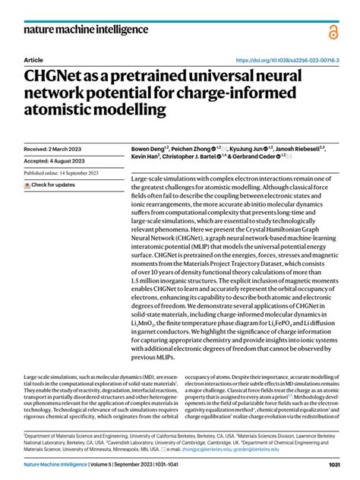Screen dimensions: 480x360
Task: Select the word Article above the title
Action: (33, 59)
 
